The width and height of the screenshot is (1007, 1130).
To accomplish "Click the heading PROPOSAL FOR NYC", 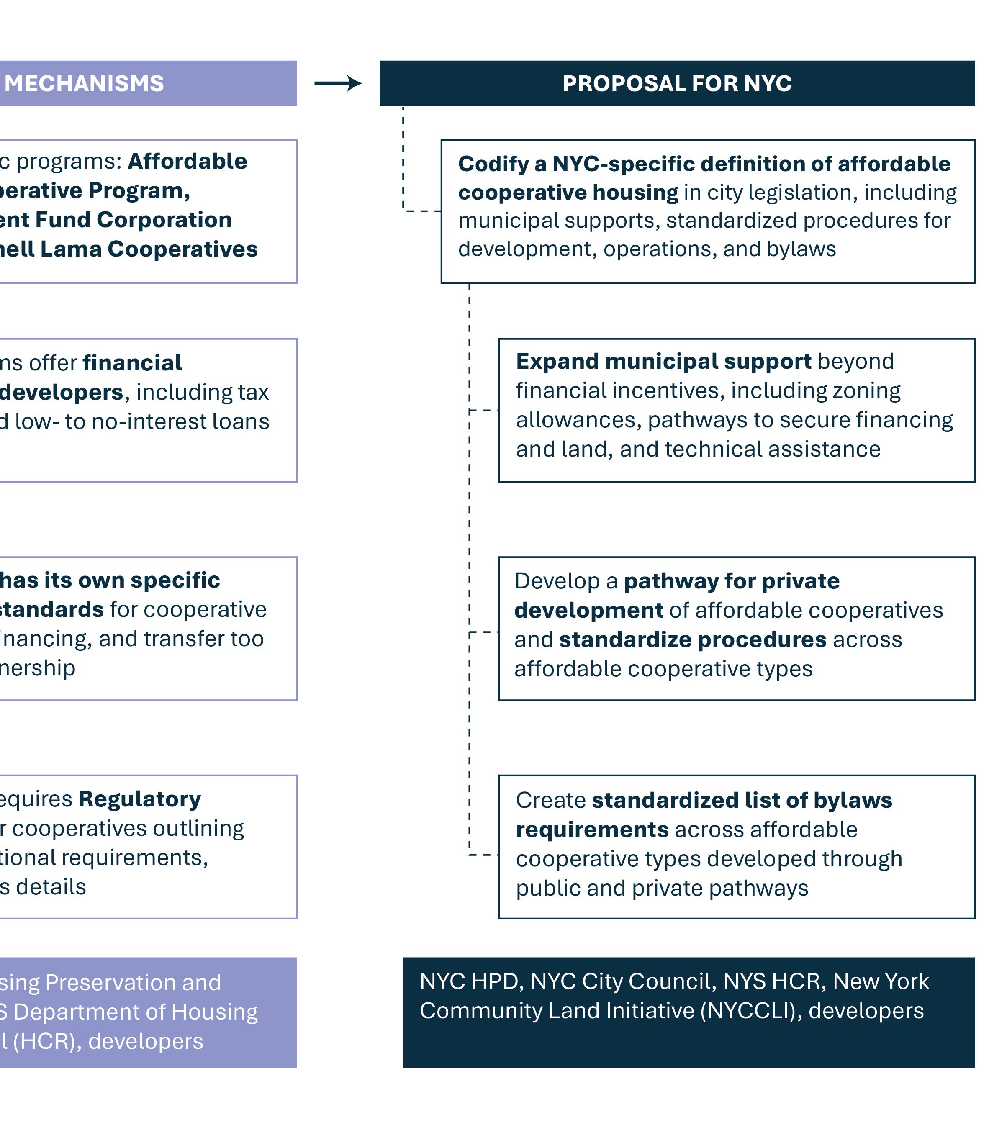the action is (677, 84).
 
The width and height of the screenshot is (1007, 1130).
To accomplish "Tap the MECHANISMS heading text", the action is (84, 84).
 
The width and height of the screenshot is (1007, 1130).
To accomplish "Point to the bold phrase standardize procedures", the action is (693, 640).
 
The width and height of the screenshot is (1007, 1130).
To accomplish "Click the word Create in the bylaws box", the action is (550, 800).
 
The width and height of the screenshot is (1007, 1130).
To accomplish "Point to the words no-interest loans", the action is (180, 422).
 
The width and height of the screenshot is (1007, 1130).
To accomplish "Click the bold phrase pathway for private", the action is (732, 581).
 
